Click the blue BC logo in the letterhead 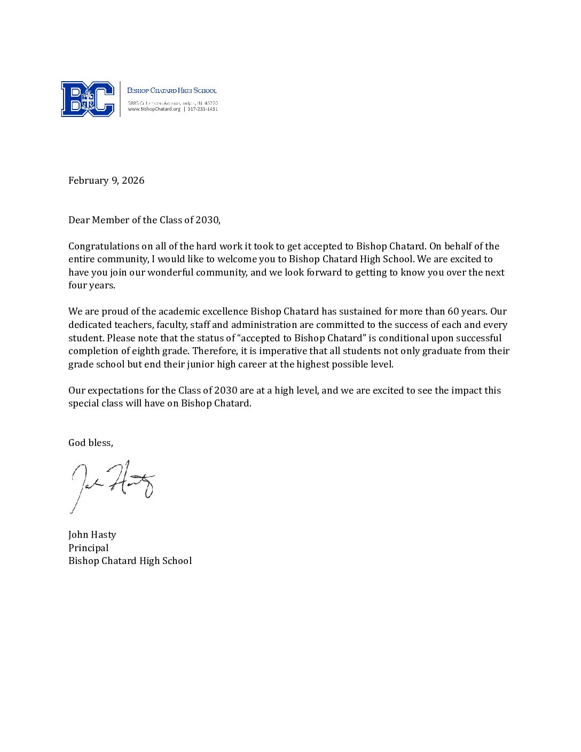tap(88, 99)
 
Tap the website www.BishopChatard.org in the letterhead tap(154, 109)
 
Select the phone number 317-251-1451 tap(202, 109)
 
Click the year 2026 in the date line tap(133, 181)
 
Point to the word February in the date tap(88, 181)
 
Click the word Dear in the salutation tap(79, 220)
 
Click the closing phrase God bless tap(90, 443)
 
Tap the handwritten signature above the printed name tap(112, 484)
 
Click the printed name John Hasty tap(92, 535)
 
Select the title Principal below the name tap(88, 548)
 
